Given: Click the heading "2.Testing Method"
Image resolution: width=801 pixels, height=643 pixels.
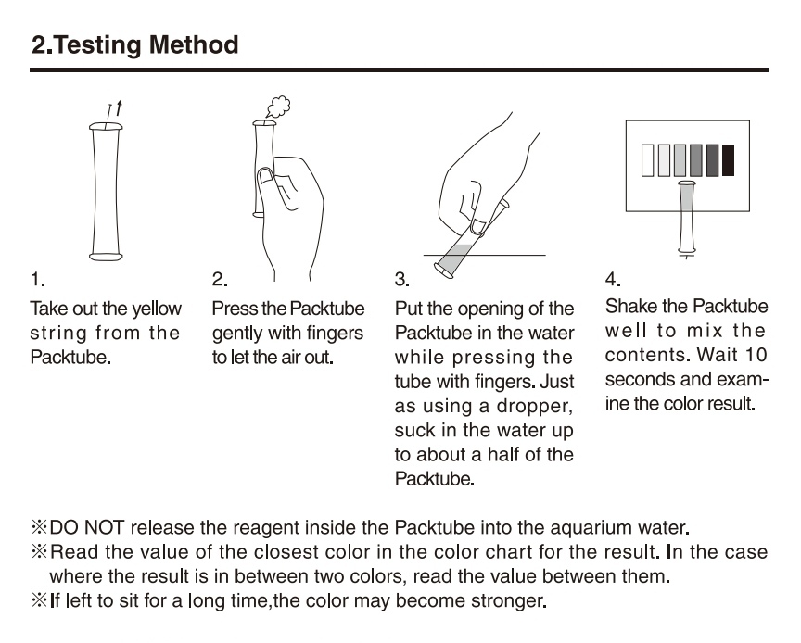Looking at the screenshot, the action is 134,45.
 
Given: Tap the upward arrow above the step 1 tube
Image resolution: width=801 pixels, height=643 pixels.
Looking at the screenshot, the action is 119,107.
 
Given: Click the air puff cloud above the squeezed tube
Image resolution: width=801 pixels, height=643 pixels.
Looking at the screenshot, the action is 278,107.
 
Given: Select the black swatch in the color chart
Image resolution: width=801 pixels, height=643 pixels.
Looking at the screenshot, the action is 728,160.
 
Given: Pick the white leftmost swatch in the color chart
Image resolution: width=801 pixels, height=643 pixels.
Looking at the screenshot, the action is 647,160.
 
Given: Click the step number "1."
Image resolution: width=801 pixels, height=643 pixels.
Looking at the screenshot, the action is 38,280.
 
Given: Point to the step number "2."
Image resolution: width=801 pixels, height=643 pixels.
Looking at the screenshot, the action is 220,280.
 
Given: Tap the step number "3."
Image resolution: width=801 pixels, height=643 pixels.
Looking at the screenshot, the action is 402,280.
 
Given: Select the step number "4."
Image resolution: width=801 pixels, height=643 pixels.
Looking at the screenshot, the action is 613,280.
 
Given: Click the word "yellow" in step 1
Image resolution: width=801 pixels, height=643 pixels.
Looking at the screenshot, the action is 157,309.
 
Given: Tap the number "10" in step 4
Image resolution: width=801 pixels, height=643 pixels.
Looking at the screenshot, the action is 756,355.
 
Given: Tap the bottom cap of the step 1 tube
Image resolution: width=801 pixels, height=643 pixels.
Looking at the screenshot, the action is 106,256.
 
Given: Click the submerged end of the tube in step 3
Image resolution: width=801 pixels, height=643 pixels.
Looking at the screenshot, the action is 444,271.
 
